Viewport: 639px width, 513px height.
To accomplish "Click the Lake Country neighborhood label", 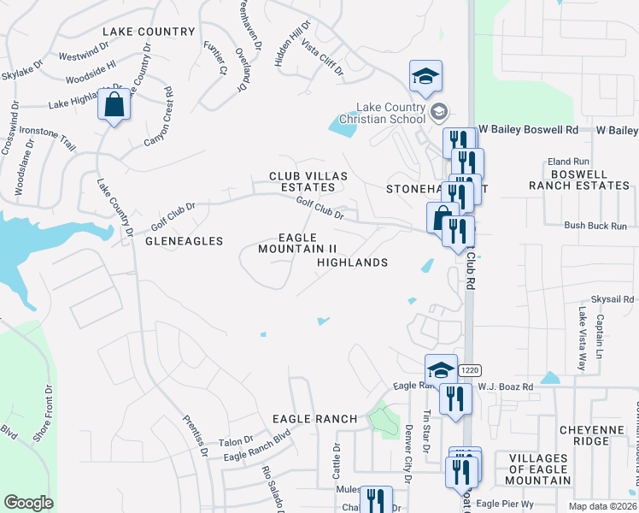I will pos(149,32).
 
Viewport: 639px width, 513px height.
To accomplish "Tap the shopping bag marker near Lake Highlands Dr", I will pos(114,106).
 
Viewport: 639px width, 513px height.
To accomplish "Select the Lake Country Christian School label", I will pos(392,113).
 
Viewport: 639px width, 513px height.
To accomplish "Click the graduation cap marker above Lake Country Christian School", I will pos(425,78).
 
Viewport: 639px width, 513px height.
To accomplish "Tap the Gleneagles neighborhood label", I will pos(184,242).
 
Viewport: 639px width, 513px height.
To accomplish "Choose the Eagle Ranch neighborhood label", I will pos(314,419).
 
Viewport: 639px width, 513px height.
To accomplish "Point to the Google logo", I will pos(28,503).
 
